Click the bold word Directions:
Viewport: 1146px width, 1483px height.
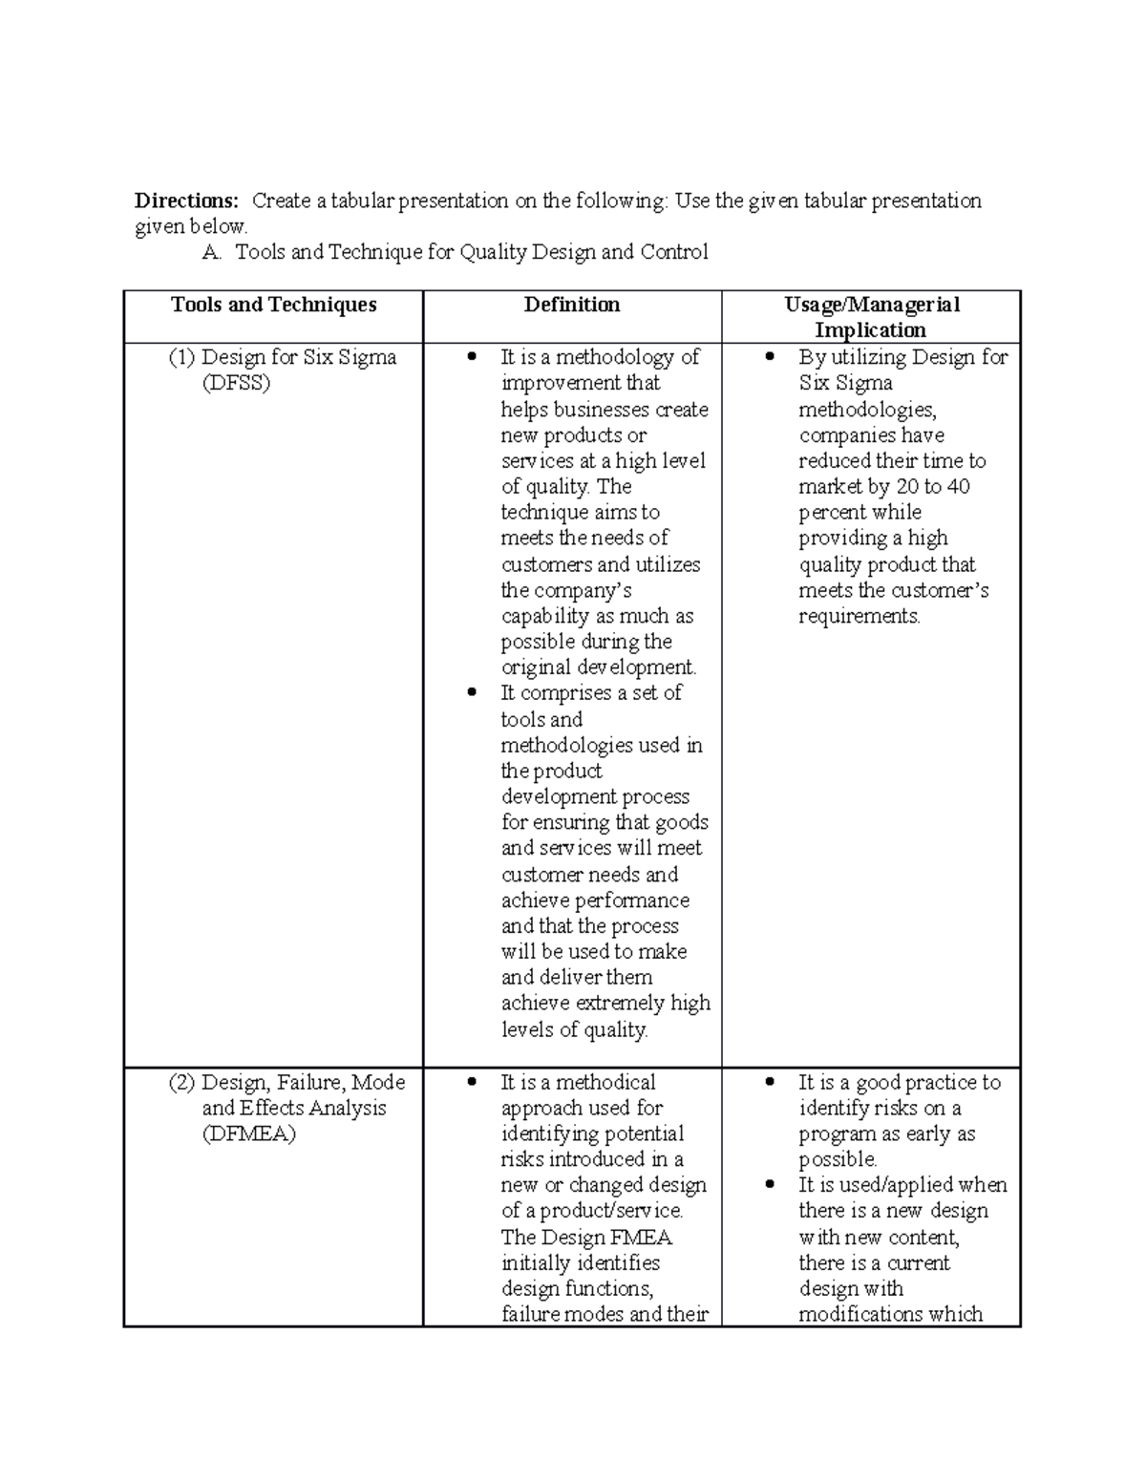tap(186, 201)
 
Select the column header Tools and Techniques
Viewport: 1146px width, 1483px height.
tap(273, 305)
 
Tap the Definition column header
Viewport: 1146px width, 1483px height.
tap(572, 305)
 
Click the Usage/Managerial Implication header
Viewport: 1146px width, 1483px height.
tap(871, 317)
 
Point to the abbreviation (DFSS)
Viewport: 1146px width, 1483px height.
tap(236, 383)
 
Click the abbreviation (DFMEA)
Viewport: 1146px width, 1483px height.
tap(248, 1134)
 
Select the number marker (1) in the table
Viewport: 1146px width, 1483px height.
tap(181, 357)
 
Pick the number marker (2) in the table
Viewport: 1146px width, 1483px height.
tap(181, 1083)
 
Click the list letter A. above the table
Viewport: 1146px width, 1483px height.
tap(212, 252)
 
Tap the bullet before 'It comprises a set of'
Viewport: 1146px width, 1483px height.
tap(471, 693)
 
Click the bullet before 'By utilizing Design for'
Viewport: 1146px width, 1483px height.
tap(770, 357)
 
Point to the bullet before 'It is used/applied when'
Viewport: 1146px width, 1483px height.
tap(770, 1185)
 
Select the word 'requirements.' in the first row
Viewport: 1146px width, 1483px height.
tap(859, 616)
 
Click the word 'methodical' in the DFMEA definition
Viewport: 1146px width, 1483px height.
tap(605, 1083)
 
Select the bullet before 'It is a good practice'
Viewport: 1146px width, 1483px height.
tap(770, 1083)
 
